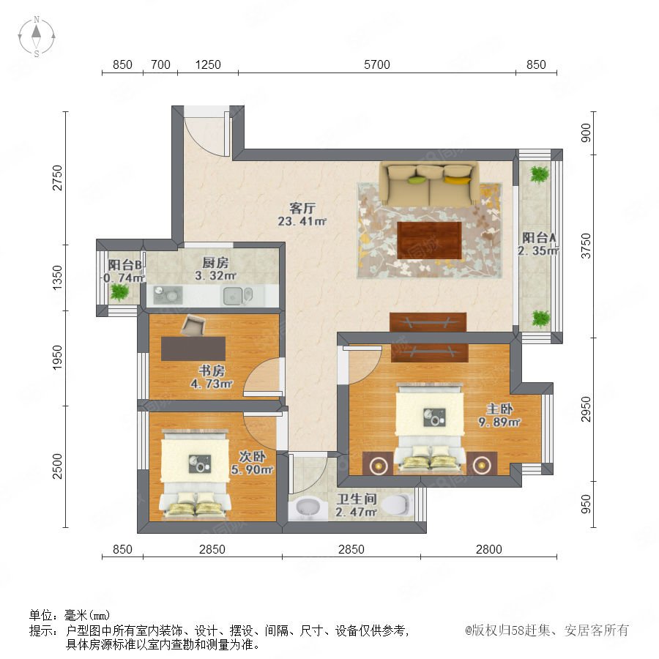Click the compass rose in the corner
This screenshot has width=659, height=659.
37,36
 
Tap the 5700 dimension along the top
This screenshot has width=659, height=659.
376,64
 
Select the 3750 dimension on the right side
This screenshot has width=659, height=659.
586,246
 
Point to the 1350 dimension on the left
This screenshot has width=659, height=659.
57,278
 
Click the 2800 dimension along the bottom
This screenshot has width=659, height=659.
489,549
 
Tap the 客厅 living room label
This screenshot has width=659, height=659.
302,208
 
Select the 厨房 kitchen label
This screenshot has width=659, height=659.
215,263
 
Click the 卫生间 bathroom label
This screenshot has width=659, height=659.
357,499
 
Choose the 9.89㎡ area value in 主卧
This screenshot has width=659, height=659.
499,422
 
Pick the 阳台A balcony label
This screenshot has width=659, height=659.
539,237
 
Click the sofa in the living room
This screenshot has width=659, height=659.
429,185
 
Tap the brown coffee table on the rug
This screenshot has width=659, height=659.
429,240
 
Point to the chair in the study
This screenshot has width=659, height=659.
193,325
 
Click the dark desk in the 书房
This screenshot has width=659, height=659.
193,349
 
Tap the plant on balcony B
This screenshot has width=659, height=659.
119,291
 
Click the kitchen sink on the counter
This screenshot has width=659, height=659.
232,296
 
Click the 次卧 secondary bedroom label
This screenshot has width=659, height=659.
252,456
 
